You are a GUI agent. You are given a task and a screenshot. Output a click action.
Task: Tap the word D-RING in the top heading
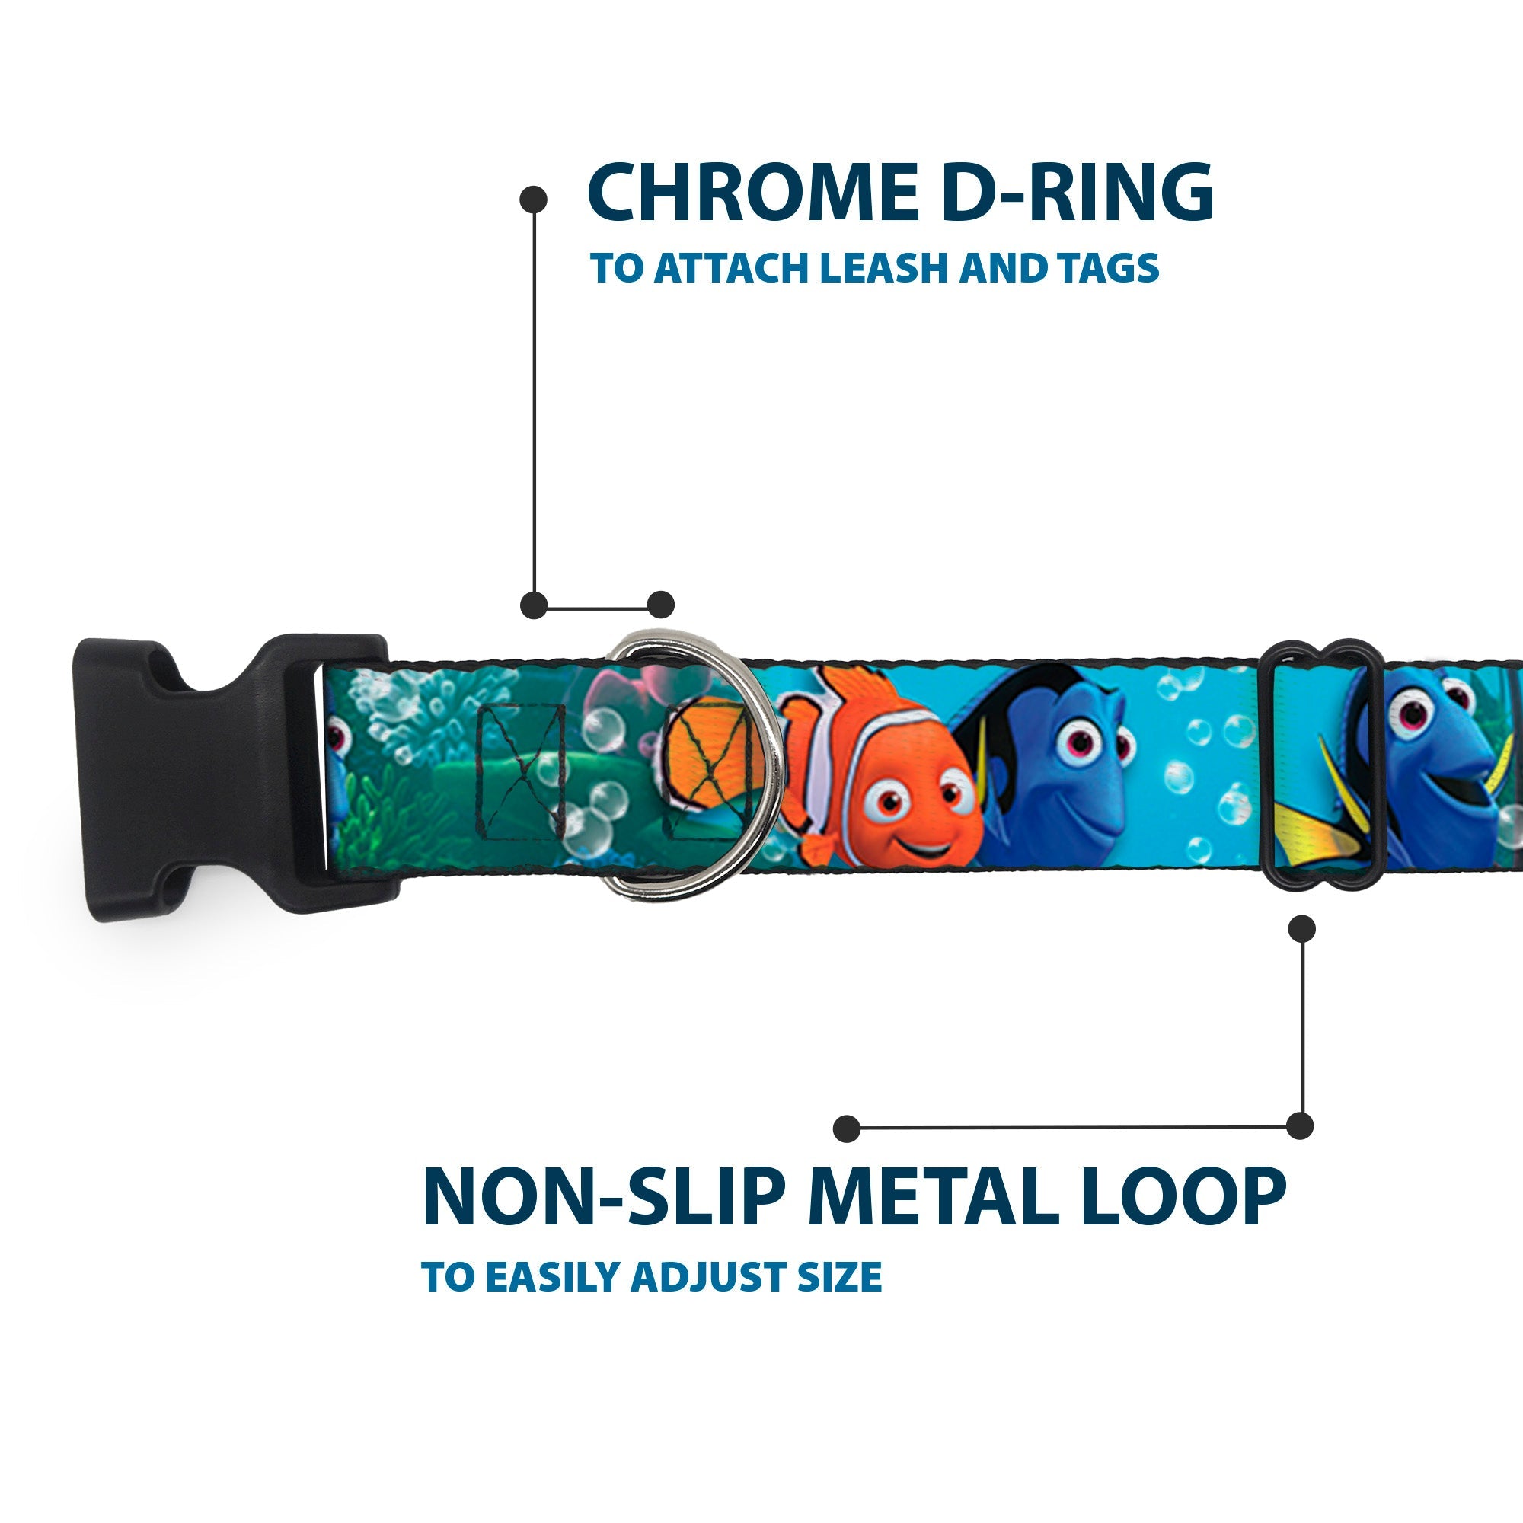(1077, 193)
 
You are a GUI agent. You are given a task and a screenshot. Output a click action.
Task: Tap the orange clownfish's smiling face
(918, 820)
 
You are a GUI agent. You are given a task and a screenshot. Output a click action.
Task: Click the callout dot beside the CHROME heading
(534, 200)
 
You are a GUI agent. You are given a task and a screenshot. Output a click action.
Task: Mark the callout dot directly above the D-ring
(660, 605)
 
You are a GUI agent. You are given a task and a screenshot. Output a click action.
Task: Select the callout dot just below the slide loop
(1301, 928)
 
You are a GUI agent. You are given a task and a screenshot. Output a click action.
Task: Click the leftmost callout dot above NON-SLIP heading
(847, 1128)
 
